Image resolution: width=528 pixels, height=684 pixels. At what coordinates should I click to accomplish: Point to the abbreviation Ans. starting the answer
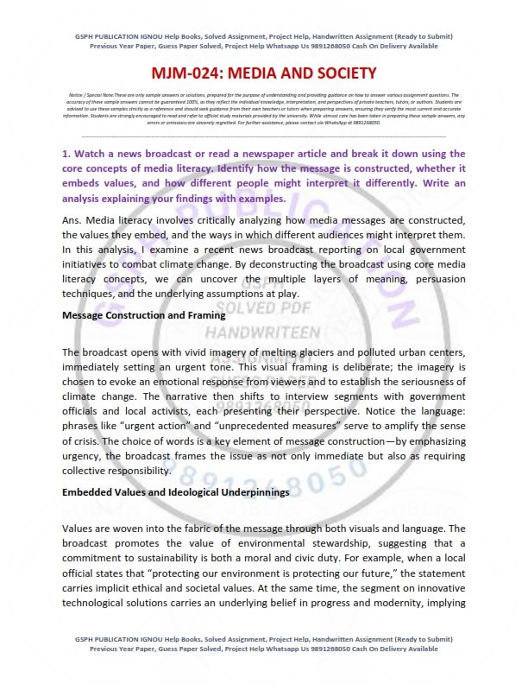(x=75, y=221)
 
